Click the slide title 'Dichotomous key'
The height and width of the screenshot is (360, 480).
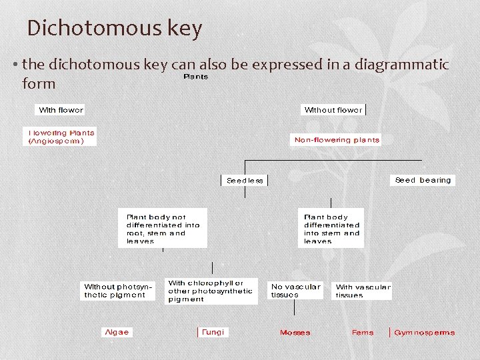click(x=114, y=29)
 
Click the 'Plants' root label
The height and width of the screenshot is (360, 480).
click(x=196, y=77)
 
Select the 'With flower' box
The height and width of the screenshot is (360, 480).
click(x=61, y=110)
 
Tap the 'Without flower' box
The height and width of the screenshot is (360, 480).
click(x=333, y=110)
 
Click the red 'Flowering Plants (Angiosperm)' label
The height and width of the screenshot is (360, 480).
click(x=61, y=137)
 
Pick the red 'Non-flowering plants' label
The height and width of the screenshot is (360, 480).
click(x=337, y=140)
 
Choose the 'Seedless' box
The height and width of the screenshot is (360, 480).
click(x=245, y=181)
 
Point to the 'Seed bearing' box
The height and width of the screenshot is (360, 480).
click(x=423, y=180)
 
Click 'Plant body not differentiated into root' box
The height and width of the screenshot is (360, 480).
click(x=163, y=229)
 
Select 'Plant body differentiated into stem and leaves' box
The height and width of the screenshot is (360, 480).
click(x=331, y=229)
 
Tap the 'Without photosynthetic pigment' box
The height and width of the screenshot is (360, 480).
click(x=117, y=291)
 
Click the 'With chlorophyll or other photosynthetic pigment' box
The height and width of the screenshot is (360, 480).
click(x=211, y=291)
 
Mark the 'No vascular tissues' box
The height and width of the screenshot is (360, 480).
click(x=295, y=291)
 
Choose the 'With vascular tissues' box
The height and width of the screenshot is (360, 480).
click(x=363, y=291)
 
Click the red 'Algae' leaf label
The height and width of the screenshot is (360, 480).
click(x=117, y=332)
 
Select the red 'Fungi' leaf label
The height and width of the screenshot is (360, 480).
click(x=213, y=332)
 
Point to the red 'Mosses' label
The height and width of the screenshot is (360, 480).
click(x=295, y=333)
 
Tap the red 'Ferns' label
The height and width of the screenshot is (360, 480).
click(x=363, y=333)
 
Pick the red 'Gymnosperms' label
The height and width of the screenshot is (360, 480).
click(x=424, y=333)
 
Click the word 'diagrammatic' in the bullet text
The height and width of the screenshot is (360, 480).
click(x=401, y=65)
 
